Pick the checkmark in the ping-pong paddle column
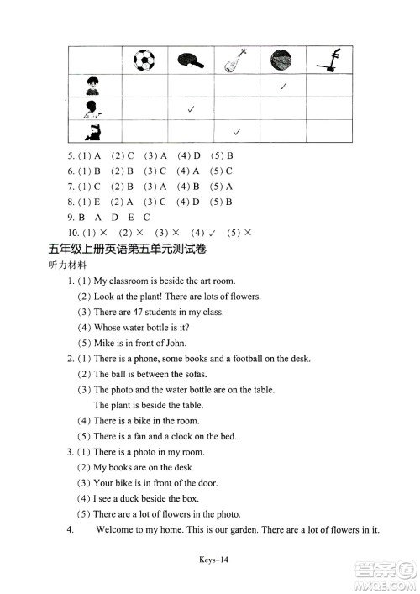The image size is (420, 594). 192,109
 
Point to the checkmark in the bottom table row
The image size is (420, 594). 238,132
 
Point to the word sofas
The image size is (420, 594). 194,374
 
